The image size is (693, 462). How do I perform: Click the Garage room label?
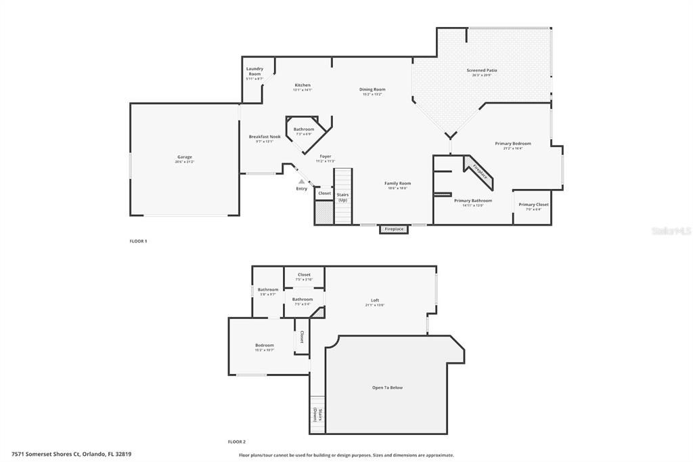(x=185, y=157)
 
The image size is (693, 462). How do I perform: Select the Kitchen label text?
(x=303, y=85)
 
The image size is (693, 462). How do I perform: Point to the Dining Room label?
(x=372, y=89)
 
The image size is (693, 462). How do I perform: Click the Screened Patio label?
(x=482, y=70)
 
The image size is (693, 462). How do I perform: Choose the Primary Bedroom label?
(x=512, y=144)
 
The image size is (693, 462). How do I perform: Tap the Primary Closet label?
(x=533, y=205)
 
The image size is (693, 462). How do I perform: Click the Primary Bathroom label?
(x=472, y=201)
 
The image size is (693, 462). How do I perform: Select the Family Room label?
(x=397, y=184)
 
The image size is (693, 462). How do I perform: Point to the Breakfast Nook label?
(x=264, y=137)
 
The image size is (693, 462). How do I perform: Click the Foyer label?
(x=326, y=156)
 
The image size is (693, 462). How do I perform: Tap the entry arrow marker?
(x=301, y=181)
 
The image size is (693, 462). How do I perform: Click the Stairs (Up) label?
(x=342, y=197)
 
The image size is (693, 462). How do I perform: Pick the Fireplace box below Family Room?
(x=394, y=230)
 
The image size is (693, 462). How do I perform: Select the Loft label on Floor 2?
(x=375, y=301)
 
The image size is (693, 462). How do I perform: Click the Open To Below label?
(x=387, y=387)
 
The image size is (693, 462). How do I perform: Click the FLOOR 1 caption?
(x=138, y=241)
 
